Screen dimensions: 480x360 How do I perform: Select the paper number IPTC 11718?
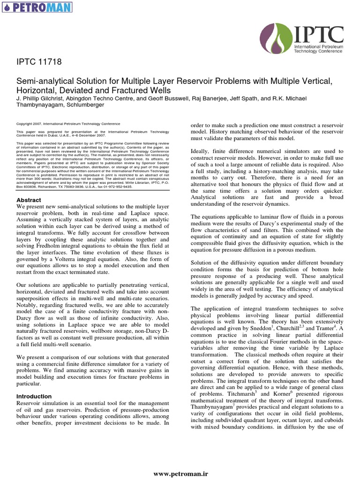click(39, 62)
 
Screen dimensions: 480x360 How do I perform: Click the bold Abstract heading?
click(29, 200)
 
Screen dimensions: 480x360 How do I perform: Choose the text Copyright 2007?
click(30, 124)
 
